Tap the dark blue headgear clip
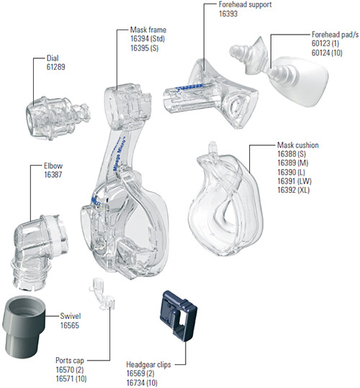[x=179, y=316]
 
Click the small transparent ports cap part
[x=102, y=294]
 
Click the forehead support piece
[x=210, y=94]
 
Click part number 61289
[x=56, y=67]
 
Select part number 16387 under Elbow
[x=53, y=175]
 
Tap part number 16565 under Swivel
[x=70, y=325]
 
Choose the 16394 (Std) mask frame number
[x=148, y=39]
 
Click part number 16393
[x=228, y=14]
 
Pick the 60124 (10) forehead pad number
[x=327, y=53]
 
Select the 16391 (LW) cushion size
[x=294, y=181]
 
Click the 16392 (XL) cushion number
[x=294, y=190]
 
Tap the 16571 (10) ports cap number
[x=71, y=379]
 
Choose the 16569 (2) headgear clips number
[x=140, y=374]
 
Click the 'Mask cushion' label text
[x=298, y=145]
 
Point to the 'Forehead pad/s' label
[x=335, y=35]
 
